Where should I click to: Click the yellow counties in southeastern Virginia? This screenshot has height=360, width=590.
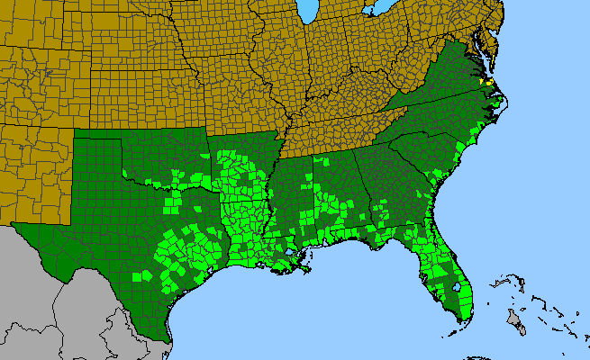click(x=486, y=81)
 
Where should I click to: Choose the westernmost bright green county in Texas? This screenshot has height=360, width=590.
click(x=137, y=275)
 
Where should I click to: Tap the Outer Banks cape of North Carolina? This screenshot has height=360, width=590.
click(x=497, y=105)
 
